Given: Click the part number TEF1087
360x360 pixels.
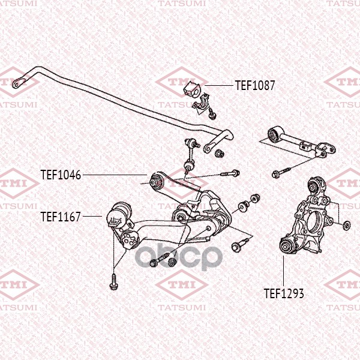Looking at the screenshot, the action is pos(255,85).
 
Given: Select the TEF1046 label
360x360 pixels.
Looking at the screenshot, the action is pos(61,175).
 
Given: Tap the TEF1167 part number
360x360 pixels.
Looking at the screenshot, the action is pos(61,217).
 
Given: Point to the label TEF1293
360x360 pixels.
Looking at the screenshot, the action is pos(284,293).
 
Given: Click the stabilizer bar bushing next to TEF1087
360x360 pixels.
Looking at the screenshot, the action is pos(192,89).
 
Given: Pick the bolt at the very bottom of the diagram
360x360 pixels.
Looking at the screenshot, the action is pos(113,281).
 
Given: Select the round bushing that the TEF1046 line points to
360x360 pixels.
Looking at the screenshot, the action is pos(155,182).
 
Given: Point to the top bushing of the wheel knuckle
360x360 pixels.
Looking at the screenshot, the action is pos(316,185).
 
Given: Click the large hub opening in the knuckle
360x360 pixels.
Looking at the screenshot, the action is pos(315,222).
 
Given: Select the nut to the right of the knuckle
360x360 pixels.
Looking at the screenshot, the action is pos(346,225).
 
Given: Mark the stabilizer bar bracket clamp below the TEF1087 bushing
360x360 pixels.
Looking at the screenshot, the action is pos(202,104).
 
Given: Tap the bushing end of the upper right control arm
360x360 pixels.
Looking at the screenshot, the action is pos(275,134).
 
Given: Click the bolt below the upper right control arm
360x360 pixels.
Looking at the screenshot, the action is pos(281,172).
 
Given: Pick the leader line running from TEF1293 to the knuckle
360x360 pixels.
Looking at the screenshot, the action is pos(284,271).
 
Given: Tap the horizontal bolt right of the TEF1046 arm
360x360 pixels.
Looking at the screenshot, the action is pos(230,173).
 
